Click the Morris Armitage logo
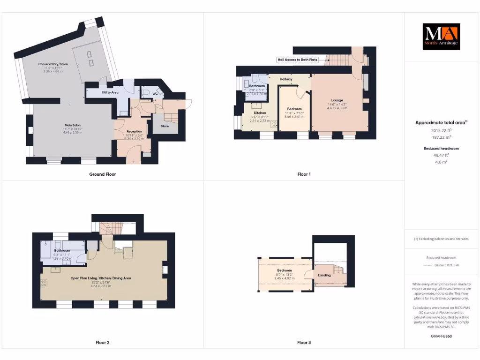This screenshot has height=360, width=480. click(441, 37)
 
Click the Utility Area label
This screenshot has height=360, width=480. click(110, 93)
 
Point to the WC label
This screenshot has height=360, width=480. click(155, 94)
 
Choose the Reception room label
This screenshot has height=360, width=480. click(134, 131)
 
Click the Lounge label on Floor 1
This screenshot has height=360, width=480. click(337, 100)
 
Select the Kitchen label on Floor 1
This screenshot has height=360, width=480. click(260, 113)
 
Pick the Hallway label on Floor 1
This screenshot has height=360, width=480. click(286, 79)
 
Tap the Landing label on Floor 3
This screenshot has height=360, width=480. click(324, 275)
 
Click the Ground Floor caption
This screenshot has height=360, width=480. click(103, 174)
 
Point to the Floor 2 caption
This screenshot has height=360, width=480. click(102, 343)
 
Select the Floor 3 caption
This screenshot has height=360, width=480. click(304, 343)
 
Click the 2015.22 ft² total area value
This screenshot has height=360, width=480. click(441, 130)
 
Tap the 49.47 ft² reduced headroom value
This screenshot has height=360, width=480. click(441, 155)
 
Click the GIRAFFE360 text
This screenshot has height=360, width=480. click(441, 336)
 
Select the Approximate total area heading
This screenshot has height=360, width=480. click(441, 123)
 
